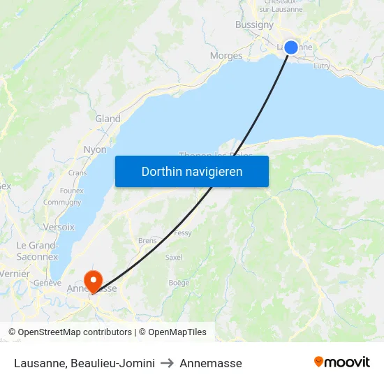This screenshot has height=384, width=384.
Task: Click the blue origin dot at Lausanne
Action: tap(291, 47)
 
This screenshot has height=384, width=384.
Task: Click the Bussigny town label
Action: tap(255, 24)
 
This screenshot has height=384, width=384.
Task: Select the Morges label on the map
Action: tap(226, 56)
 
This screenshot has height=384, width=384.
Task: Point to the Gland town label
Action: tap(108, 119)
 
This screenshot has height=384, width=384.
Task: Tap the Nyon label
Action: tap(95, 149)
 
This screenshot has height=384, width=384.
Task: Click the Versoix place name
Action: tap(59, 227)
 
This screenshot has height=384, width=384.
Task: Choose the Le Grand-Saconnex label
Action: tap(37, 251)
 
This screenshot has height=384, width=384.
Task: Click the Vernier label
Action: tap(14, 274)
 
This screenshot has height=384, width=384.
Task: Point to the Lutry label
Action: tap(322, 66)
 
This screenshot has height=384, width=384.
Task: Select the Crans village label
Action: tap(77, 173)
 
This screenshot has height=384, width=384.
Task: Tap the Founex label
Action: tap(72, 191)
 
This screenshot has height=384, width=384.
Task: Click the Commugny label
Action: tap(62, 202)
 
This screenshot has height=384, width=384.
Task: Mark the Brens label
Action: tap(147, 240)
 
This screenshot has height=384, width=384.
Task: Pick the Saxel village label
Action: tap(173, 257)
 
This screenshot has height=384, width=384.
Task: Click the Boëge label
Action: tap(179, 283)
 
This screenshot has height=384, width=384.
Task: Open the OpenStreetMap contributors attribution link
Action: tap(70, 332)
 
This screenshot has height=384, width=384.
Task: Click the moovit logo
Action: tap(342, 362)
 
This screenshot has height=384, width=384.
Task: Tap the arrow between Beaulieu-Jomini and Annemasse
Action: tap(167, 363)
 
